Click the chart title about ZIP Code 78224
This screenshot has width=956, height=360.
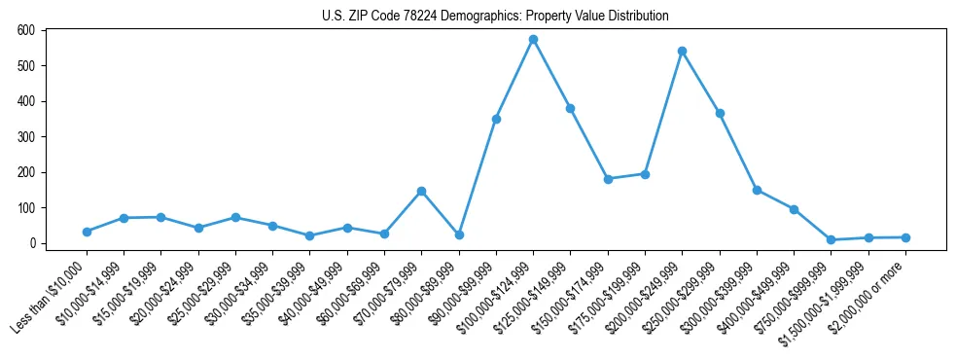click(x=495, y=16)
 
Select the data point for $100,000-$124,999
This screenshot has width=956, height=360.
click(x=533, y=40)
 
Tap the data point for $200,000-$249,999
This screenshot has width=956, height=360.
click(x=682, y=51)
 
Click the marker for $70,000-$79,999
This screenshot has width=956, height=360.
click(x=421, y=191)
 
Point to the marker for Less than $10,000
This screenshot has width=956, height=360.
click(x=87, y=232)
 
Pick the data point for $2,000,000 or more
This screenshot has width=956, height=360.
click(x=905, y=237)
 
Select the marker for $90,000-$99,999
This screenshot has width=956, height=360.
click(x=496, y=119)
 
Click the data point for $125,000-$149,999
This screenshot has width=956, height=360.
click(x=571, y=108)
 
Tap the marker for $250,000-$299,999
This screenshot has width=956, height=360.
click(x=720, y=113)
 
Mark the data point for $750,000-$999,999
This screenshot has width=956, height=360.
click(x=831, y=239)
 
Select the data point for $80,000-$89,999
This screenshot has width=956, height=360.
click(x=458, y=234)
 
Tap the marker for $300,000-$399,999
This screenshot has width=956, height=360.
click(x=757, y=190)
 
